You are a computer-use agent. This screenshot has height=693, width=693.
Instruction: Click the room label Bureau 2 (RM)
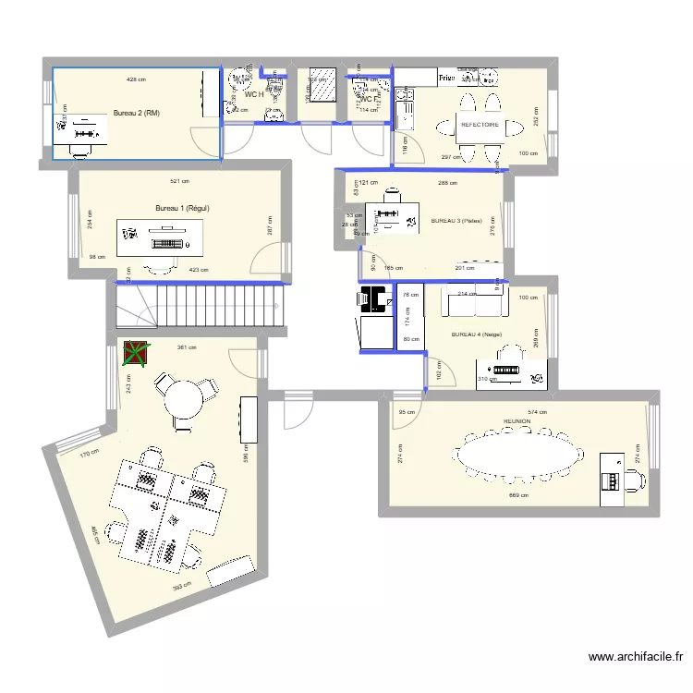tap(136, 113)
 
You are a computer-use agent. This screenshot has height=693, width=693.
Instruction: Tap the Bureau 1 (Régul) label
tap(182, 208)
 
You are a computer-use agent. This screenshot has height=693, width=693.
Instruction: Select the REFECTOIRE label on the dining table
tap(480, 124)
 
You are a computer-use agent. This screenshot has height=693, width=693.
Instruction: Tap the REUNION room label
tap(516, 420)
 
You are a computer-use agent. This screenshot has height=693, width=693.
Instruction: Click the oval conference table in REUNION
tap(517, 455)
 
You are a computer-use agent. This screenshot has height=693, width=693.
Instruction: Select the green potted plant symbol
tap(136, 353)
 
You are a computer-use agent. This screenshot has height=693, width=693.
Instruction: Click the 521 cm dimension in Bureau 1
tap(180, 181)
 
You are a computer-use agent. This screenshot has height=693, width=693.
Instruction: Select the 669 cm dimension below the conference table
tap(518, 495)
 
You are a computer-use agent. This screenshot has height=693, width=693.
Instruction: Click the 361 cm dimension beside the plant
tap(183, 347)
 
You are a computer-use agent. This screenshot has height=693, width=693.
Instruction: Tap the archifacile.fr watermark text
tap(637, 657)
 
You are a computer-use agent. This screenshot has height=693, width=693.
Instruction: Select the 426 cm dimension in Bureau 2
tap(136, 79)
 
